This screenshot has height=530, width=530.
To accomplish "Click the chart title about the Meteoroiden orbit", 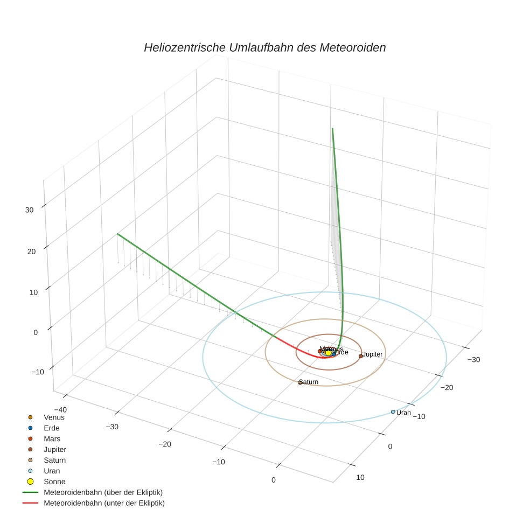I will pyautogui.click(x=264, y=47).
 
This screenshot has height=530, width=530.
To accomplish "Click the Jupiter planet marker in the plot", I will pyautogui.click(x=361, y=356).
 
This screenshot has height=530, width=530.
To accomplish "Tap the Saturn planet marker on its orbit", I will pyautogui.click(x=300, y=382).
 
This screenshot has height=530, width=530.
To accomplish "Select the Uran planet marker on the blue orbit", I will pyautogui.click(x=393, y=412).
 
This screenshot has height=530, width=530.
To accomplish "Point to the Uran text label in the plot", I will pyautogui.click(x=403, y=413).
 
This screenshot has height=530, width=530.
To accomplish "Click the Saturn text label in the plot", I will pyautogui.click(x=309, y=382).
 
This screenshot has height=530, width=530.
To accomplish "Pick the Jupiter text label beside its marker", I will pyautogui.click(x=372, y=354).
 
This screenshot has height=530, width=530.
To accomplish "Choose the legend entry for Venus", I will pyautogui.click(x=54, y=417).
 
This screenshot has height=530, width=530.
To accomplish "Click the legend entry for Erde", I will pyautogui.click(x=51, y=428).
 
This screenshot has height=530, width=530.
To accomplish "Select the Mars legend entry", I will pyautogui.click(x=52, y=438).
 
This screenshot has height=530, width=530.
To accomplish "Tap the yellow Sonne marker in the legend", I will pyautogui.click(x=31, y=482).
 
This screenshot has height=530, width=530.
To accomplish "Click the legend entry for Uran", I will pyautogui.click(x=51, y=471).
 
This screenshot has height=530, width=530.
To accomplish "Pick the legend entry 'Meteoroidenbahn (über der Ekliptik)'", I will pyautogui.click(x=103, y=492).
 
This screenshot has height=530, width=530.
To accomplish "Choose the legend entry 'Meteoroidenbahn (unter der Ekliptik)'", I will pyautogui.click(x=104, y=503).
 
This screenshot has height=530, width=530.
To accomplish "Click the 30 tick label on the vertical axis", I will pyautogui.click(x=30, y=210).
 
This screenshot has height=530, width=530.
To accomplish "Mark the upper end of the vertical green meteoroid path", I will pyautogui.click(x=332, y=129).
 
